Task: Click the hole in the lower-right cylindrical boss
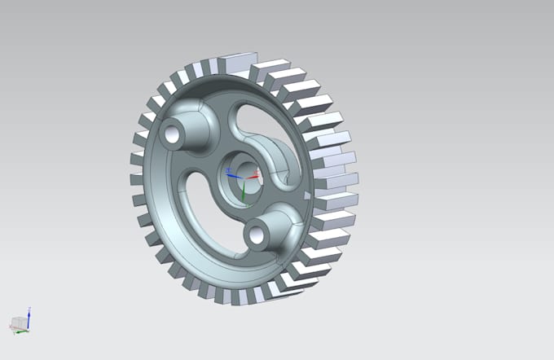[257, 235]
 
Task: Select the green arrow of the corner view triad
[23, 331]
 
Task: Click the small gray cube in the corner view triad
[16, 323]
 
